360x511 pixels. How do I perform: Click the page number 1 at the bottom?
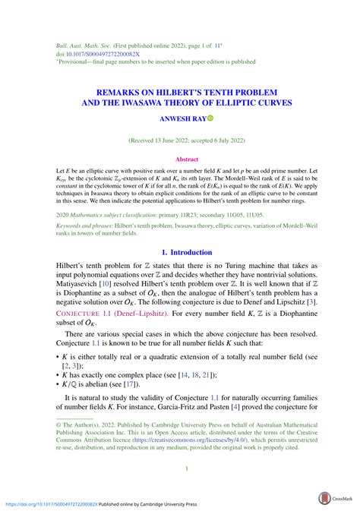pyautogui.click(x=186, y=468)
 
